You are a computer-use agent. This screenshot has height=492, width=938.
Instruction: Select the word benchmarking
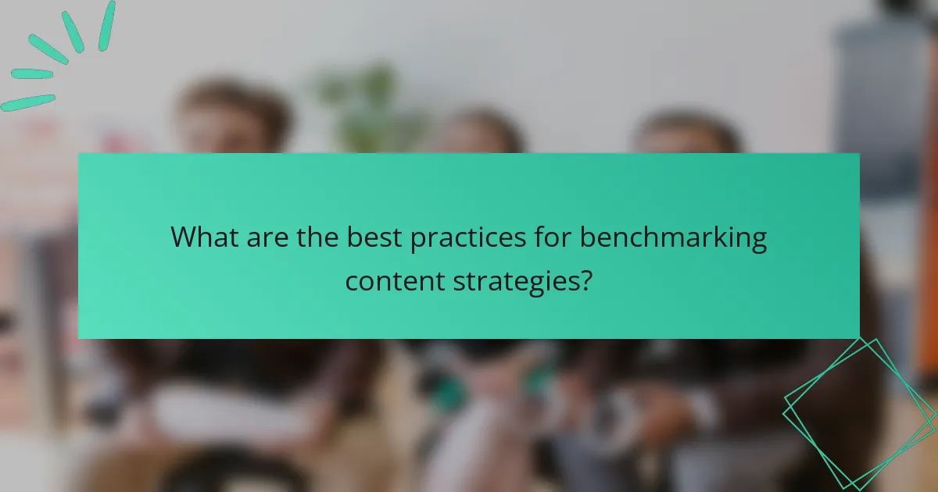[674, 237]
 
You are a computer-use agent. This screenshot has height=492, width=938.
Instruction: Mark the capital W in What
[184, 237]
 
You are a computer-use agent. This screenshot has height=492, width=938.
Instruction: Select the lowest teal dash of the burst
[28, 102]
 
